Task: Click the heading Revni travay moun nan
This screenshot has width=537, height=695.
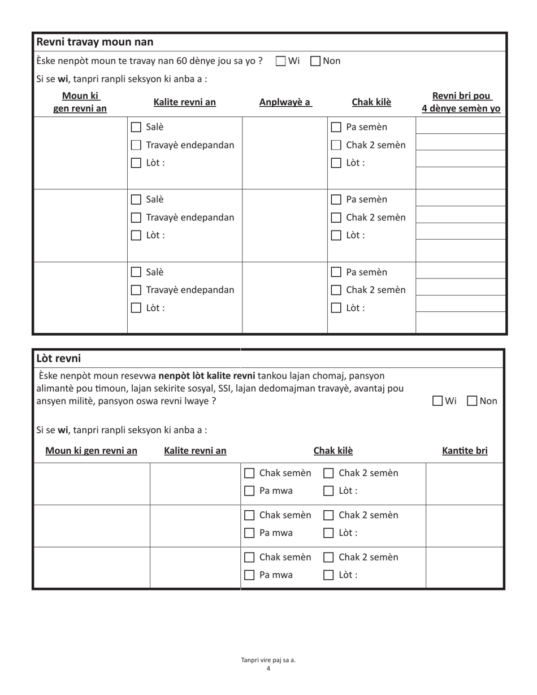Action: point(94,42)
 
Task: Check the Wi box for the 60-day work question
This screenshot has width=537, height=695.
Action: point(281,61)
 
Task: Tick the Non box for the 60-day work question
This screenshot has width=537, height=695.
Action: point(316,61)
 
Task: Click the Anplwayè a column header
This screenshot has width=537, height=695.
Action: point(285,102)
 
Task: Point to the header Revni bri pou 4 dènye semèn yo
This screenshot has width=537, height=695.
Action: point(461,102)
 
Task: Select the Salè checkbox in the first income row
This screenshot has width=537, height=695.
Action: point(136,127)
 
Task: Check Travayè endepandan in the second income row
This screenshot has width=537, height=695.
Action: point(136,218)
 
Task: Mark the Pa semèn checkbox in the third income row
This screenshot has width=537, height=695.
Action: point(336,272)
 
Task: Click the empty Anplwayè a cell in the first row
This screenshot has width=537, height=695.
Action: point(285,153)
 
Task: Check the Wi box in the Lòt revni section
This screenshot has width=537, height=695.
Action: point(438,401)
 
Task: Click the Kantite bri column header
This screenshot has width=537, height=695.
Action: point(465,450)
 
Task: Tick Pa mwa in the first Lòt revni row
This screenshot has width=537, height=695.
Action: point(249,491)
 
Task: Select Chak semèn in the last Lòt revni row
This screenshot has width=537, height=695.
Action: point(249,558)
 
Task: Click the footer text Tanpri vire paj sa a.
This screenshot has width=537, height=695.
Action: point(268,659)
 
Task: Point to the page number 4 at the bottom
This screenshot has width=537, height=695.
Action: point(268,669)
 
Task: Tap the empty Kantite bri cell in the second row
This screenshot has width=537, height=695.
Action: point(465,525)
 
